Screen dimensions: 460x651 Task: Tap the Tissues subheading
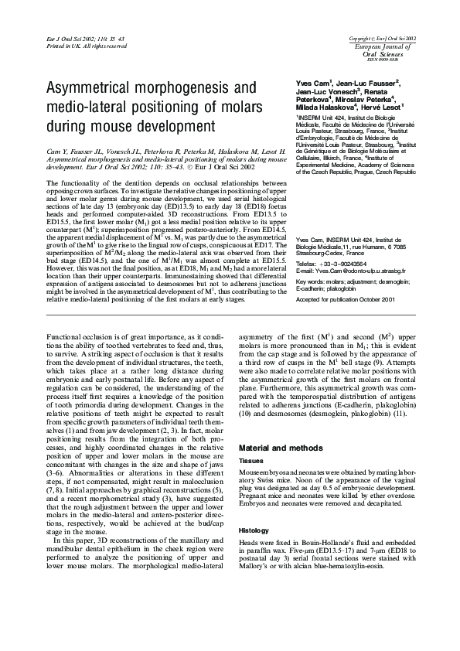(x=251, y=460)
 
